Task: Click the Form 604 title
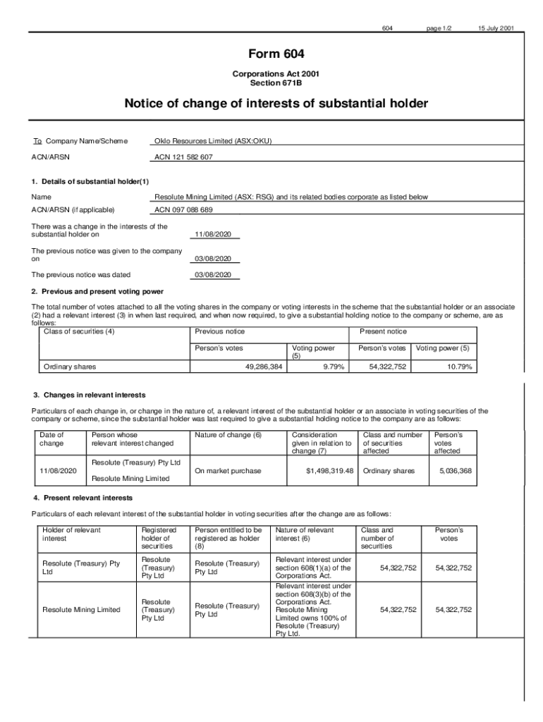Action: [x=276, y=54]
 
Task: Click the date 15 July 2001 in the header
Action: [x=496, y=28]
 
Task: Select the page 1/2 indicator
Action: [x=439, y=28]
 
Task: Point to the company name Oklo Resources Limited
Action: [x=212, y=141]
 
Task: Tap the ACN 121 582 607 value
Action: [x=183, y=157]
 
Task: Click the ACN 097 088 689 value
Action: [x=183, y=210]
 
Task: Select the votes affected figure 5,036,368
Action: [x=455, y=471]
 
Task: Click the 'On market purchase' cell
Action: [x=228, y=471]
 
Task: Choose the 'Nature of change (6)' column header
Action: [x=228, y=435]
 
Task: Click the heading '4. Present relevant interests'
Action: [x=82, y=498]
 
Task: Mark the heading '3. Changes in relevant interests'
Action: [x=90, y=395]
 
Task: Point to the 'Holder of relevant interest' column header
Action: [x=71, y=534]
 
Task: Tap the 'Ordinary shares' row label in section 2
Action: [x=70, y=367]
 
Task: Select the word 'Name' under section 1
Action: [x=41, y=197]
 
